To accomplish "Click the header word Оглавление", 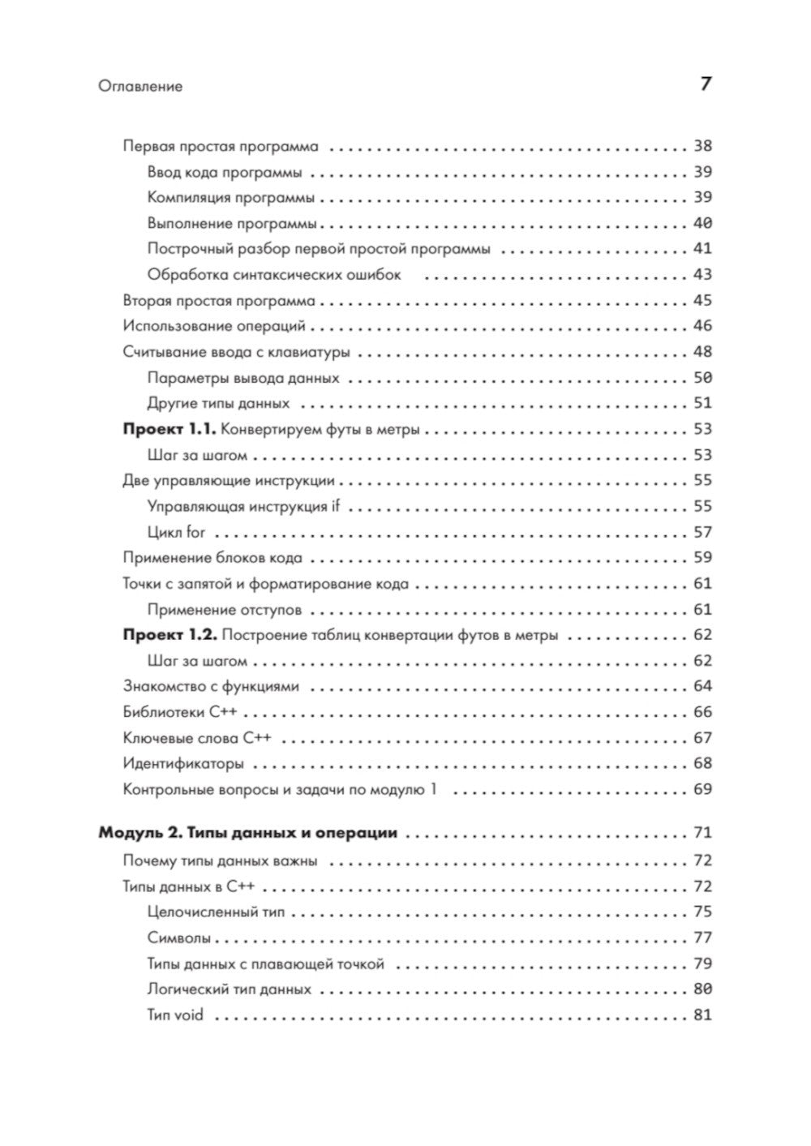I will click(x=139, y=86).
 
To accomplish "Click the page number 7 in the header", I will click(x=706, y=84).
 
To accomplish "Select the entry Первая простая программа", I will click(x=221, y=147).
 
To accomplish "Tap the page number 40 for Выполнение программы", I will click(x=702, y=224).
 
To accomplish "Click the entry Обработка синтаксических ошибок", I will click(x=274, y=275).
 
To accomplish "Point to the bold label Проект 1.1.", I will click(x=169, y=430).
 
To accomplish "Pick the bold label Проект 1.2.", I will click(x=169, y=635).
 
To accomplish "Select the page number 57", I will click(x=702, y=533).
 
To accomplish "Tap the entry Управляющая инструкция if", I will click(x=243, y=507).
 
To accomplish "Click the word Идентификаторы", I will click(x=183, y=764).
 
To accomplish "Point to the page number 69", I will click(x=702, y=789).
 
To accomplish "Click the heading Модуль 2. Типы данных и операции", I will click(x=247, y=833).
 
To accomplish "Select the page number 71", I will click(x=702, y=833).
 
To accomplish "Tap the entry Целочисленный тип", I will click(x=216, y=912).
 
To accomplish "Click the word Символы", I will click(x=179, y=938).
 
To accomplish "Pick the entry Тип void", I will click(x=175, y=1015).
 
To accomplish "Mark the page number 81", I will click(x=702, y=1015).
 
